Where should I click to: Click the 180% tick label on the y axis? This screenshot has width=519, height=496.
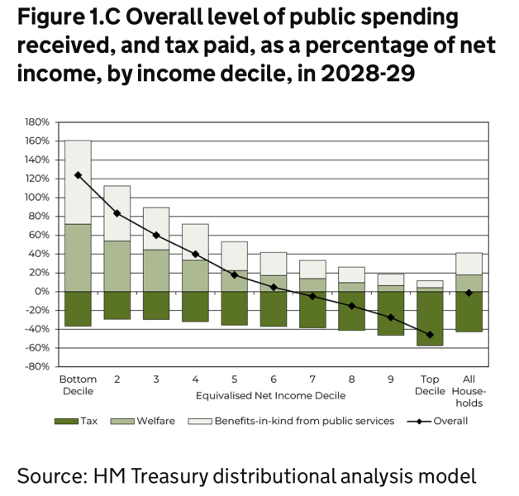point(36,122)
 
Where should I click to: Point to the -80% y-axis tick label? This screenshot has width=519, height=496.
point(36,367)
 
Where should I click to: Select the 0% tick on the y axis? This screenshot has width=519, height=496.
point(42,292)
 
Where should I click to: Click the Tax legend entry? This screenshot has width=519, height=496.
point(79,421)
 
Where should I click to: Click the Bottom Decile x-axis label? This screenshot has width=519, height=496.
point(79,385)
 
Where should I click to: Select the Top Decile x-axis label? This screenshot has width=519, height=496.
point(430,385)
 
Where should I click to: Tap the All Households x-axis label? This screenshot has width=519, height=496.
point(469,391)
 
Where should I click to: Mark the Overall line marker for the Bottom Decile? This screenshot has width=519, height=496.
point(79,175)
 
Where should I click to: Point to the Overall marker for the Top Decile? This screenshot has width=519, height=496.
point(430,335)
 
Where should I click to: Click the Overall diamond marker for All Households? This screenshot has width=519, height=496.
point(469,293)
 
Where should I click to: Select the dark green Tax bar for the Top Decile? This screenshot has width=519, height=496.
point(430,318)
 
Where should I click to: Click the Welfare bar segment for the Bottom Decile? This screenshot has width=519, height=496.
point(79,258)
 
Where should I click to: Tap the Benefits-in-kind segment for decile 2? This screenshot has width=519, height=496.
point(117,213)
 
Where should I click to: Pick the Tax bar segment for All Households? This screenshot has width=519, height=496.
point(469,312)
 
